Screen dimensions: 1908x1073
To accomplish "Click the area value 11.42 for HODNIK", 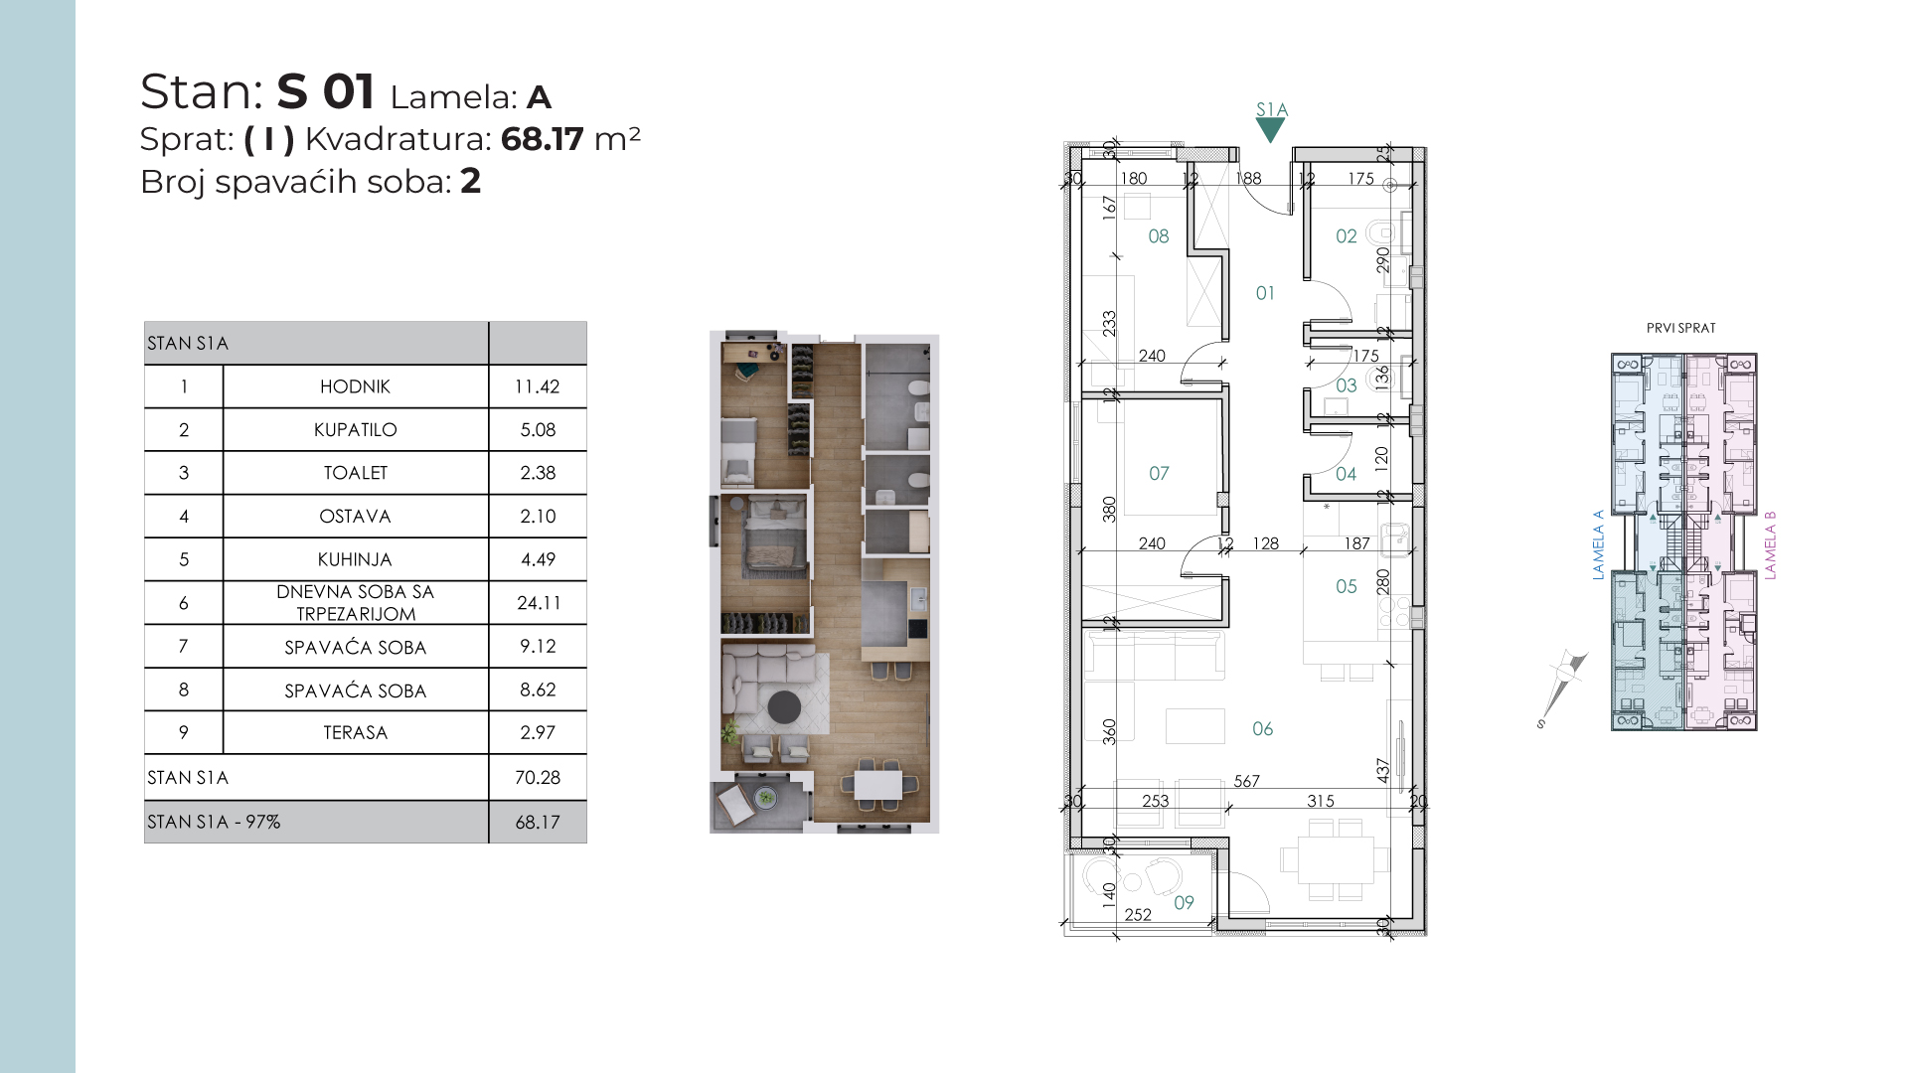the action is [537, 386].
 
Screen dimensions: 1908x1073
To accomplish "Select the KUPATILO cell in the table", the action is [356, 430].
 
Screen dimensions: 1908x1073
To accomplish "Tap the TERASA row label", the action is [356, 732].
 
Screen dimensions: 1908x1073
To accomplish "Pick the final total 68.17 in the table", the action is [537, 823].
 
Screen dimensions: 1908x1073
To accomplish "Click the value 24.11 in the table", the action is [538, 602].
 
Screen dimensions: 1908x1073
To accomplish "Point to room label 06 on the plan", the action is [1262, 729].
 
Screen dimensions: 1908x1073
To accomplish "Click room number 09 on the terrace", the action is [1184, 902].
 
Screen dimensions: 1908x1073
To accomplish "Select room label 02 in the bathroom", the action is [1346, 236].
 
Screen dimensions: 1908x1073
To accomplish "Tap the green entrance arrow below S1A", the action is [1270, 130].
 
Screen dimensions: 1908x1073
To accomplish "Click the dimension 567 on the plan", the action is [1246, 782].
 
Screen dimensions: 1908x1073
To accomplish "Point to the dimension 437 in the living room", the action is [1383, 771].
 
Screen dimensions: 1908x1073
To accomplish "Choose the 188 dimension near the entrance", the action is [1248, 179].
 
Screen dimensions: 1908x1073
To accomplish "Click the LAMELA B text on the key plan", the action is [1770, 545].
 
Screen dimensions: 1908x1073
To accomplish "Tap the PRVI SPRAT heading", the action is [1681, 328].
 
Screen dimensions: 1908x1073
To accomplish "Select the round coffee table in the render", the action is [784, 707].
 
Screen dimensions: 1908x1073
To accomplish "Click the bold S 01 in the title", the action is [326, 91].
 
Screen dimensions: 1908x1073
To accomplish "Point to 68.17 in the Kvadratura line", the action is [542, 139].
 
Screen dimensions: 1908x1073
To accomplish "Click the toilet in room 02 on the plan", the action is [1382, 234].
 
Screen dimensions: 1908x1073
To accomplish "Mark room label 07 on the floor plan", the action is [1159, 474].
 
